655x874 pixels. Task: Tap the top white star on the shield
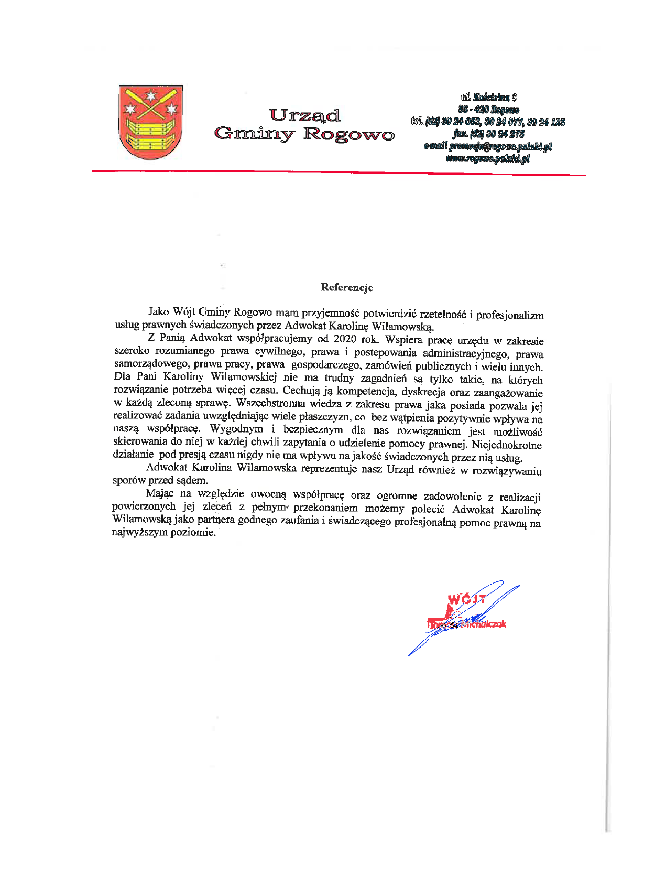(151, 95)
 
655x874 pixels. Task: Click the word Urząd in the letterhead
(304, 115)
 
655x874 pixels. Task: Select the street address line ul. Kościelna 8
(489, 97)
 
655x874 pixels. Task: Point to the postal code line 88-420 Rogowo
(488, 110)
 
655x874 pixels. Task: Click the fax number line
(488, 134)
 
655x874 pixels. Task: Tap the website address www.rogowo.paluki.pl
(488, 158)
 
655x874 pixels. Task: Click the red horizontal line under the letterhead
(338, 172)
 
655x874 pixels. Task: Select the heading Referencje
(347, 287)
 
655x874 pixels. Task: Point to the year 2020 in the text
(344, 339)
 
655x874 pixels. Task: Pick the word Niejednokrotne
(507, 445)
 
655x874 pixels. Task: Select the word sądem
(194, 480)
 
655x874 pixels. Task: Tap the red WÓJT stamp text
(466, 599)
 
